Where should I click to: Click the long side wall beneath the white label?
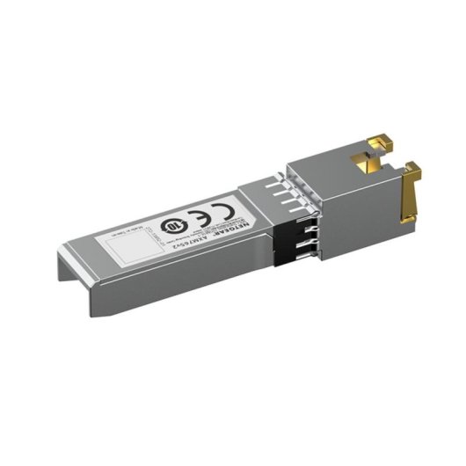(176, 281)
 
